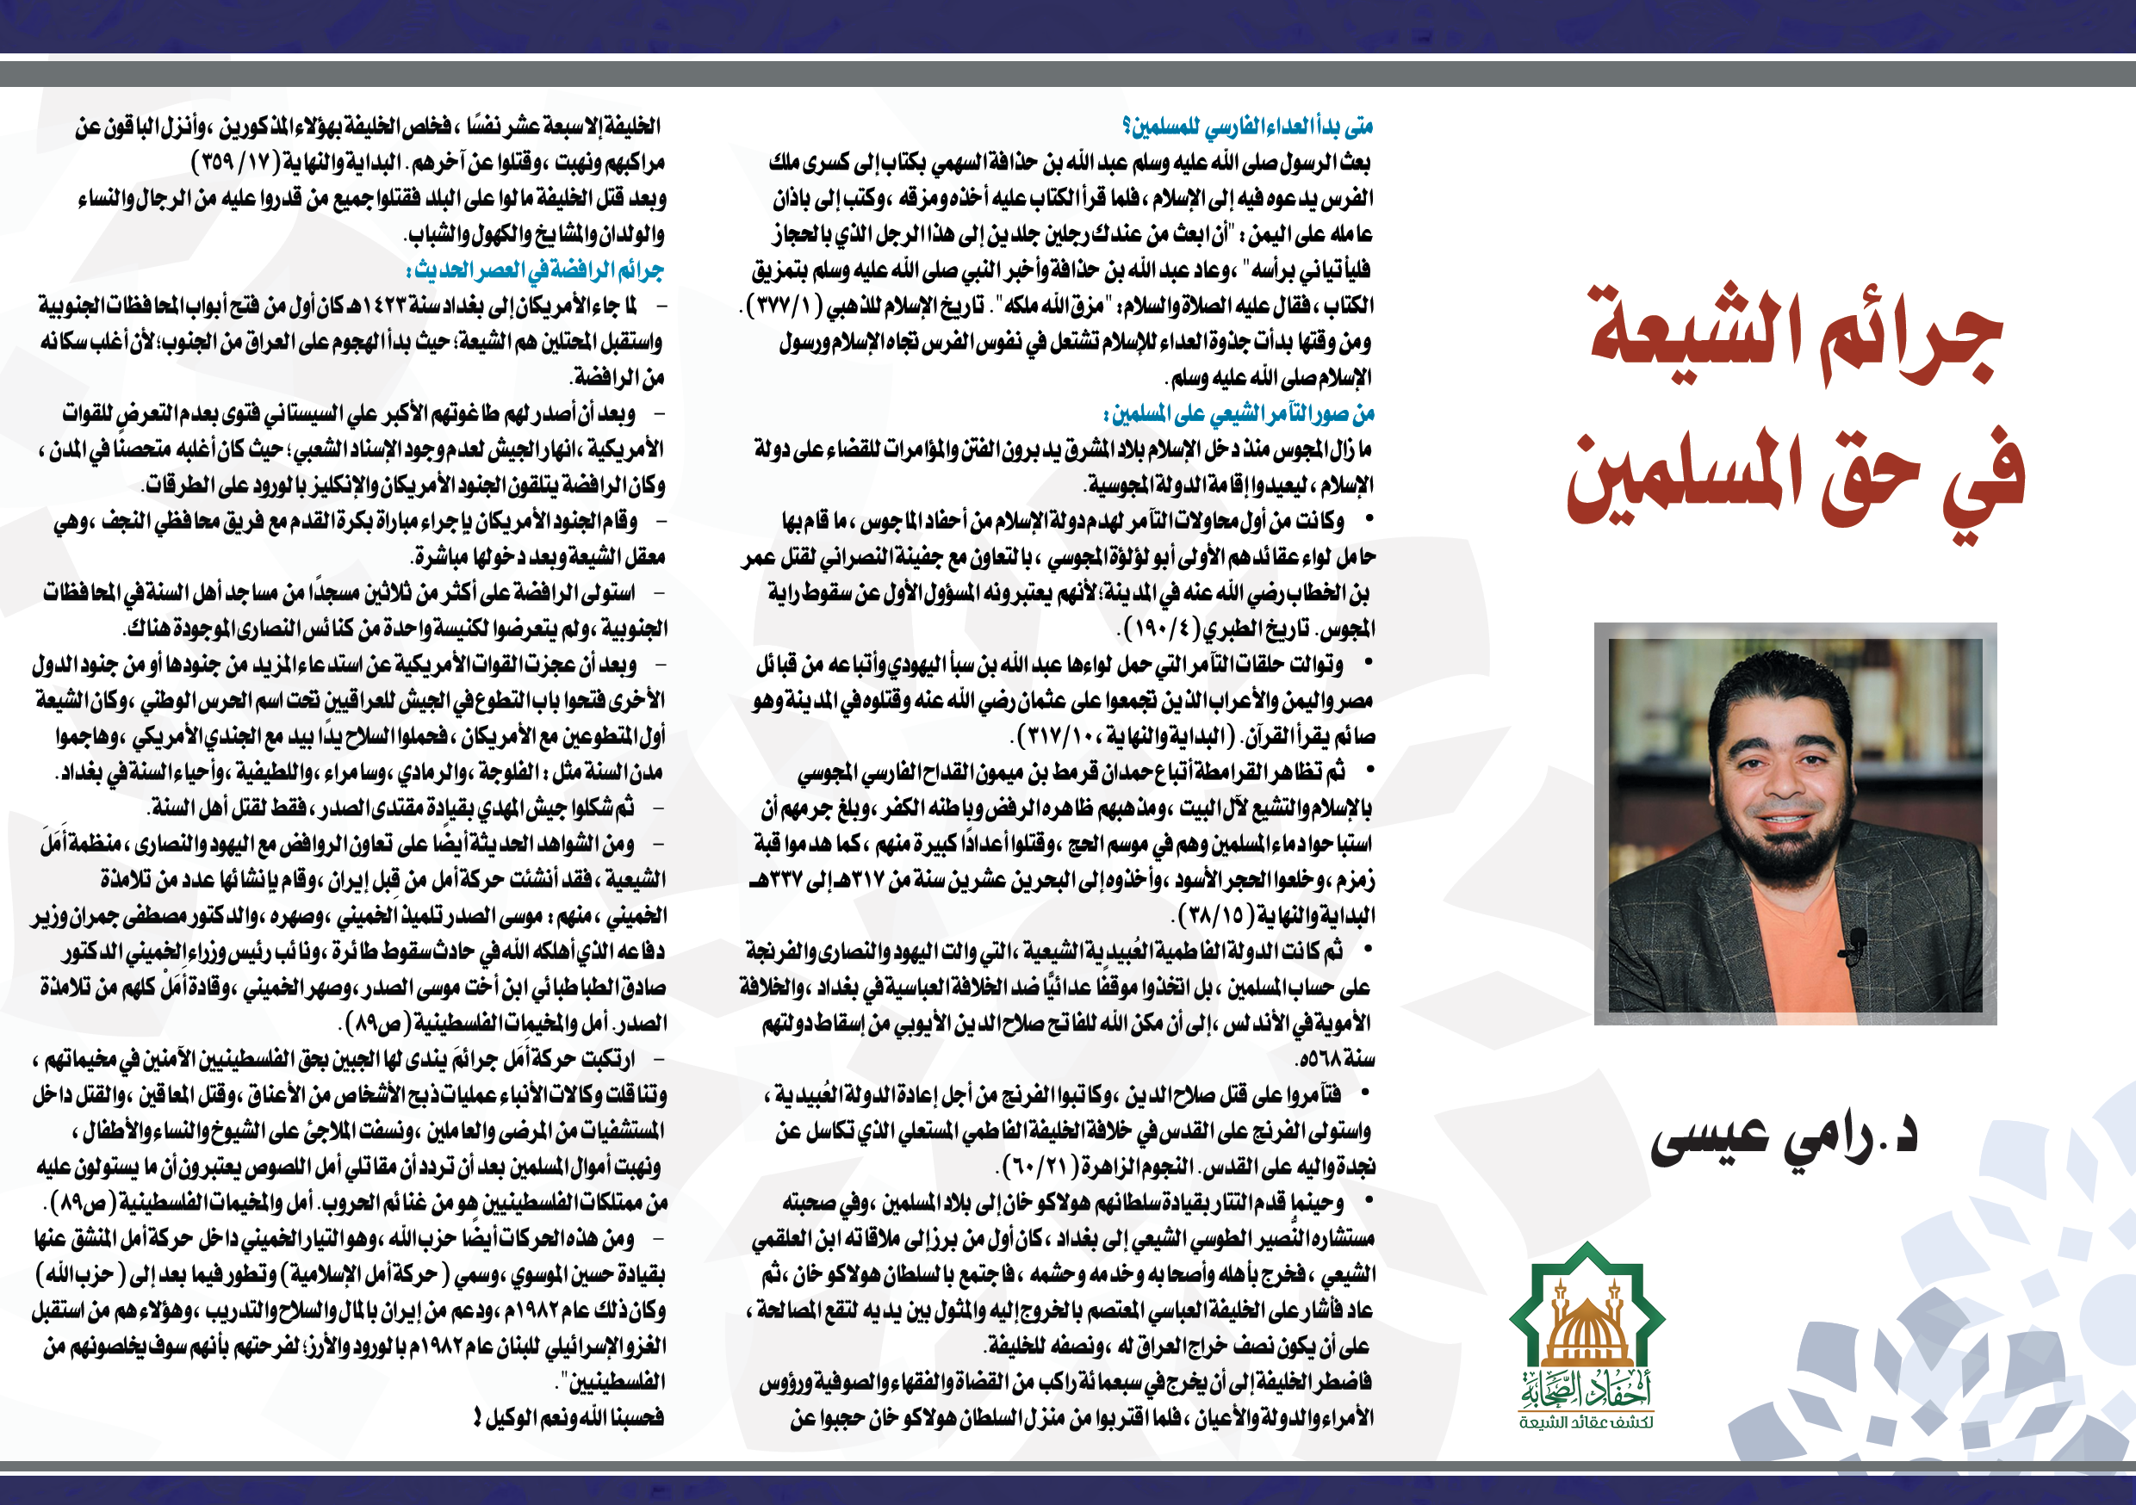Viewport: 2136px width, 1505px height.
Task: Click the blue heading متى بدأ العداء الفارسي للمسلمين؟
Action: (x=1246, y=127)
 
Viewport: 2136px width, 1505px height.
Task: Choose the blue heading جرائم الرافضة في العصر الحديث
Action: (x=535, y=270)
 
